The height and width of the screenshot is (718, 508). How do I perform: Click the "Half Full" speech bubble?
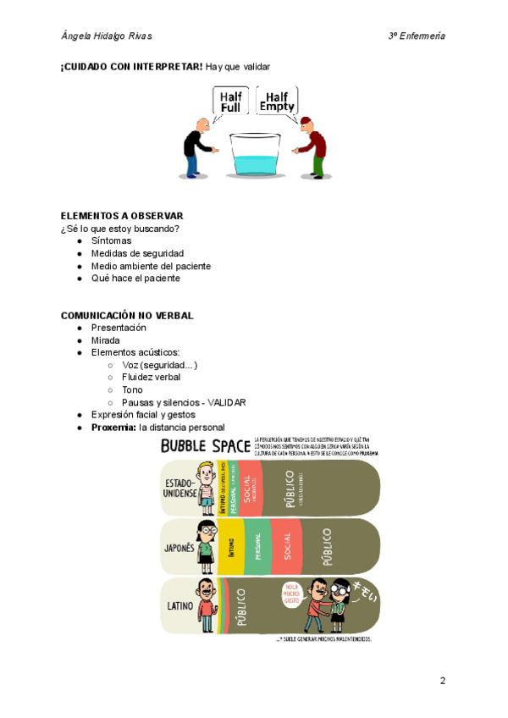(x=230, y=102)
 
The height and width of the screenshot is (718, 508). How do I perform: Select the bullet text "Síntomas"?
(x=112, y=240)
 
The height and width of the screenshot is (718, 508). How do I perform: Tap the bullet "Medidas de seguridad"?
(x=137, y=253)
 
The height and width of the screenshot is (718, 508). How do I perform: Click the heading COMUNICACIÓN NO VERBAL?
(x=127, y=315)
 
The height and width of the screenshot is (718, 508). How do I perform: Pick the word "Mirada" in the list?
(x=106, y=340)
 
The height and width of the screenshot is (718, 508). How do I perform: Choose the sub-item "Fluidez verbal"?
(x=152, y=377)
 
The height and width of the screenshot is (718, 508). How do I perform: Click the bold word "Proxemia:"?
(x=113, y=428)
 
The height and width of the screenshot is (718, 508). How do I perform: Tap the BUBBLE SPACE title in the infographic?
(x=205, y=445)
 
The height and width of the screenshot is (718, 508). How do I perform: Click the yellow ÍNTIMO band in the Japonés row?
(x=231, y=546)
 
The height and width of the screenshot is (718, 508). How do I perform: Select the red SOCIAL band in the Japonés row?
(x=286, y=546)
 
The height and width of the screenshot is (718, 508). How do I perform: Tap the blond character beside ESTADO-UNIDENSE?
(x=204, y=489)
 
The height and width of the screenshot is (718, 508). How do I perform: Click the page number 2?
(x=442, y=680)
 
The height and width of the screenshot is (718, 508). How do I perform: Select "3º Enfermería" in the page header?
(x=417, y=36)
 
